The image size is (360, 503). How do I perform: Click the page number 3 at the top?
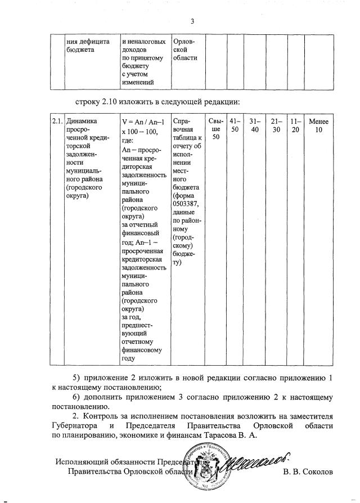pos(192,22)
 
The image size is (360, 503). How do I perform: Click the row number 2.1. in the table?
pos(56,121)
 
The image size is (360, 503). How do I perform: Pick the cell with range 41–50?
pos(235,125)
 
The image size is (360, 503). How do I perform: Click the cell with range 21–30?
pos(276,125)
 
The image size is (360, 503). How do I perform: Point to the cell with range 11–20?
pos(295,125)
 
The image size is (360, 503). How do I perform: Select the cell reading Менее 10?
pos(319,125)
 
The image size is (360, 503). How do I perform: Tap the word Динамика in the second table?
pos(82,121)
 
